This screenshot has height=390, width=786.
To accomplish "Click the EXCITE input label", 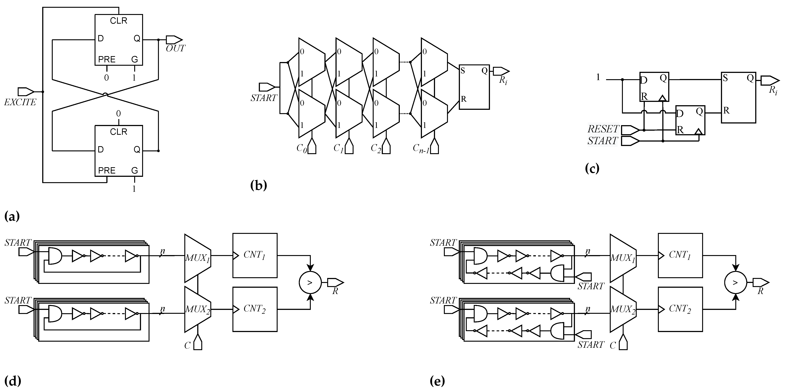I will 20,102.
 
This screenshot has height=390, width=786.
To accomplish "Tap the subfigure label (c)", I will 592,168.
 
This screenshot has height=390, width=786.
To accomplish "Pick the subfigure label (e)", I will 437,381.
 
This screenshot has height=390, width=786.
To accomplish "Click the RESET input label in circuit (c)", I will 603,129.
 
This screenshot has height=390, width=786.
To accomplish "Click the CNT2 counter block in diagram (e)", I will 680,309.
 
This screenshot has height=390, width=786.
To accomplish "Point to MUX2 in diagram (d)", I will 197,309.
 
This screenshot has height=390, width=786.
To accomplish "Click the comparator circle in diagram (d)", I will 310,283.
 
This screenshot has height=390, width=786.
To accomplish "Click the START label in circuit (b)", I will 264,98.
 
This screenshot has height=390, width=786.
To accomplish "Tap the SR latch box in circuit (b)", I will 474,87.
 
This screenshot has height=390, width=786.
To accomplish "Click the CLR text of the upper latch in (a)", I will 119,21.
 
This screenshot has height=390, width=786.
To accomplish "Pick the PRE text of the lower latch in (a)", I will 107,170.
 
